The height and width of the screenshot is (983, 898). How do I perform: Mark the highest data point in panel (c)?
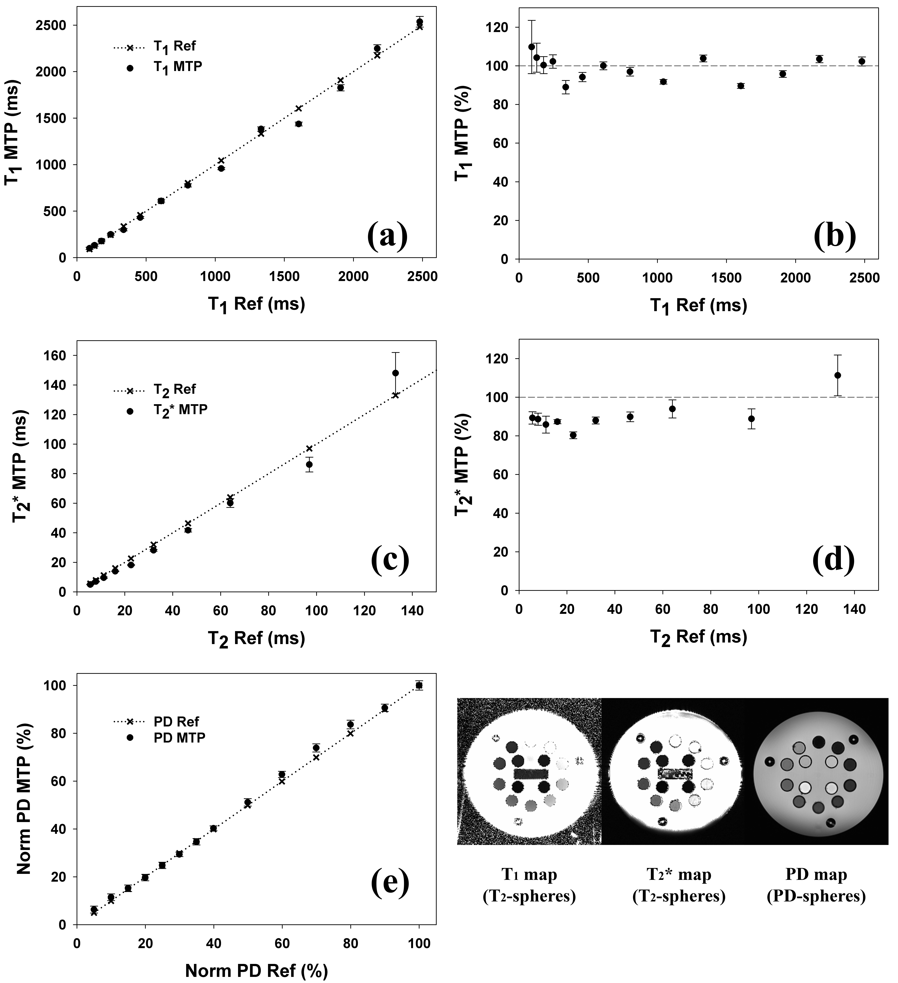[396, 373]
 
